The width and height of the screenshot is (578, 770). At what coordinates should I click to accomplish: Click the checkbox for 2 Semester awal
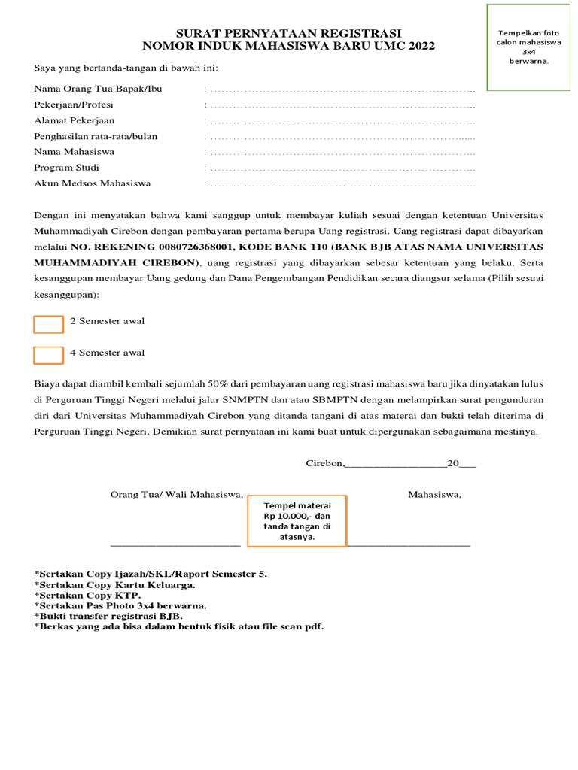[48, 324]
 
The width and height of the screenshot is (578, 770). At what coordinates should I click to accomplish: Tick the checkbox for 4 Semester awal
[48, 355]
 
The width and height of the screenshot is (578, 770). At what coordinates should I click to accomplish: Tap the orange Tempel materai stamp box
[297, 521]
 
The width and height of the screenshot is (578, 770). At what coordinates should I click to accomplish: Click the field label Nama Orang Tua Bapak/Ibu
[98, 89]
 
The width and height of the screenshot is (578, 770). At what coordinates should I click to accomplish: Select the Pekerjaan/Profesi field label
[74, 105]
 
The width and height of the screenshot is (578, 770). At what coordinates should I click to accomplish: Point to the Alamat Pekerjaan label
[75, 120]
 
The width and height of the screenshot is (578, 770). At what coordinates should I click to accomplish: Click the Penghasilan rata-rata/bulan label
[96, 136]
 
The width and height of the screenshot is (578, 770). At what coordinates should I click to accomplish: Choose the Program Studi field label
[66, 168]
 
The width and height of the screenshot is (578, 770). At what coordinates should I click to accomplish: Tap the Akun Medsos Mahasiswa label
[93, 183]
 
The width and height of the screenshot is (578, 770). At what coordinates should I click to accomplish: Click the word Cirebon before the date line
[324, 464]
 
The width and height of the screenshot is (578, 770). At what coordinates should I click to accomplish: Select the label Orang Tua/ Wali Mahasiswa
[177, 495]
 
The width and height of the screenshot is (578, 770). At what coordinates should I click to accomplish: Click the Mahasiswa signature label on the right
[434, 495]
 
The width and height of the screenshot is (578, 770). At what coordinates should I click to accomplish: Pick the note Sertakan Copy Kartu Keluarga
[115, 584]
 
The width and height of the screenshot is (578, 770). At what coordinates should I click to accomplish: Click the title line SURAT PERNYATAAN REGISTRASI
[289, 34]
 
